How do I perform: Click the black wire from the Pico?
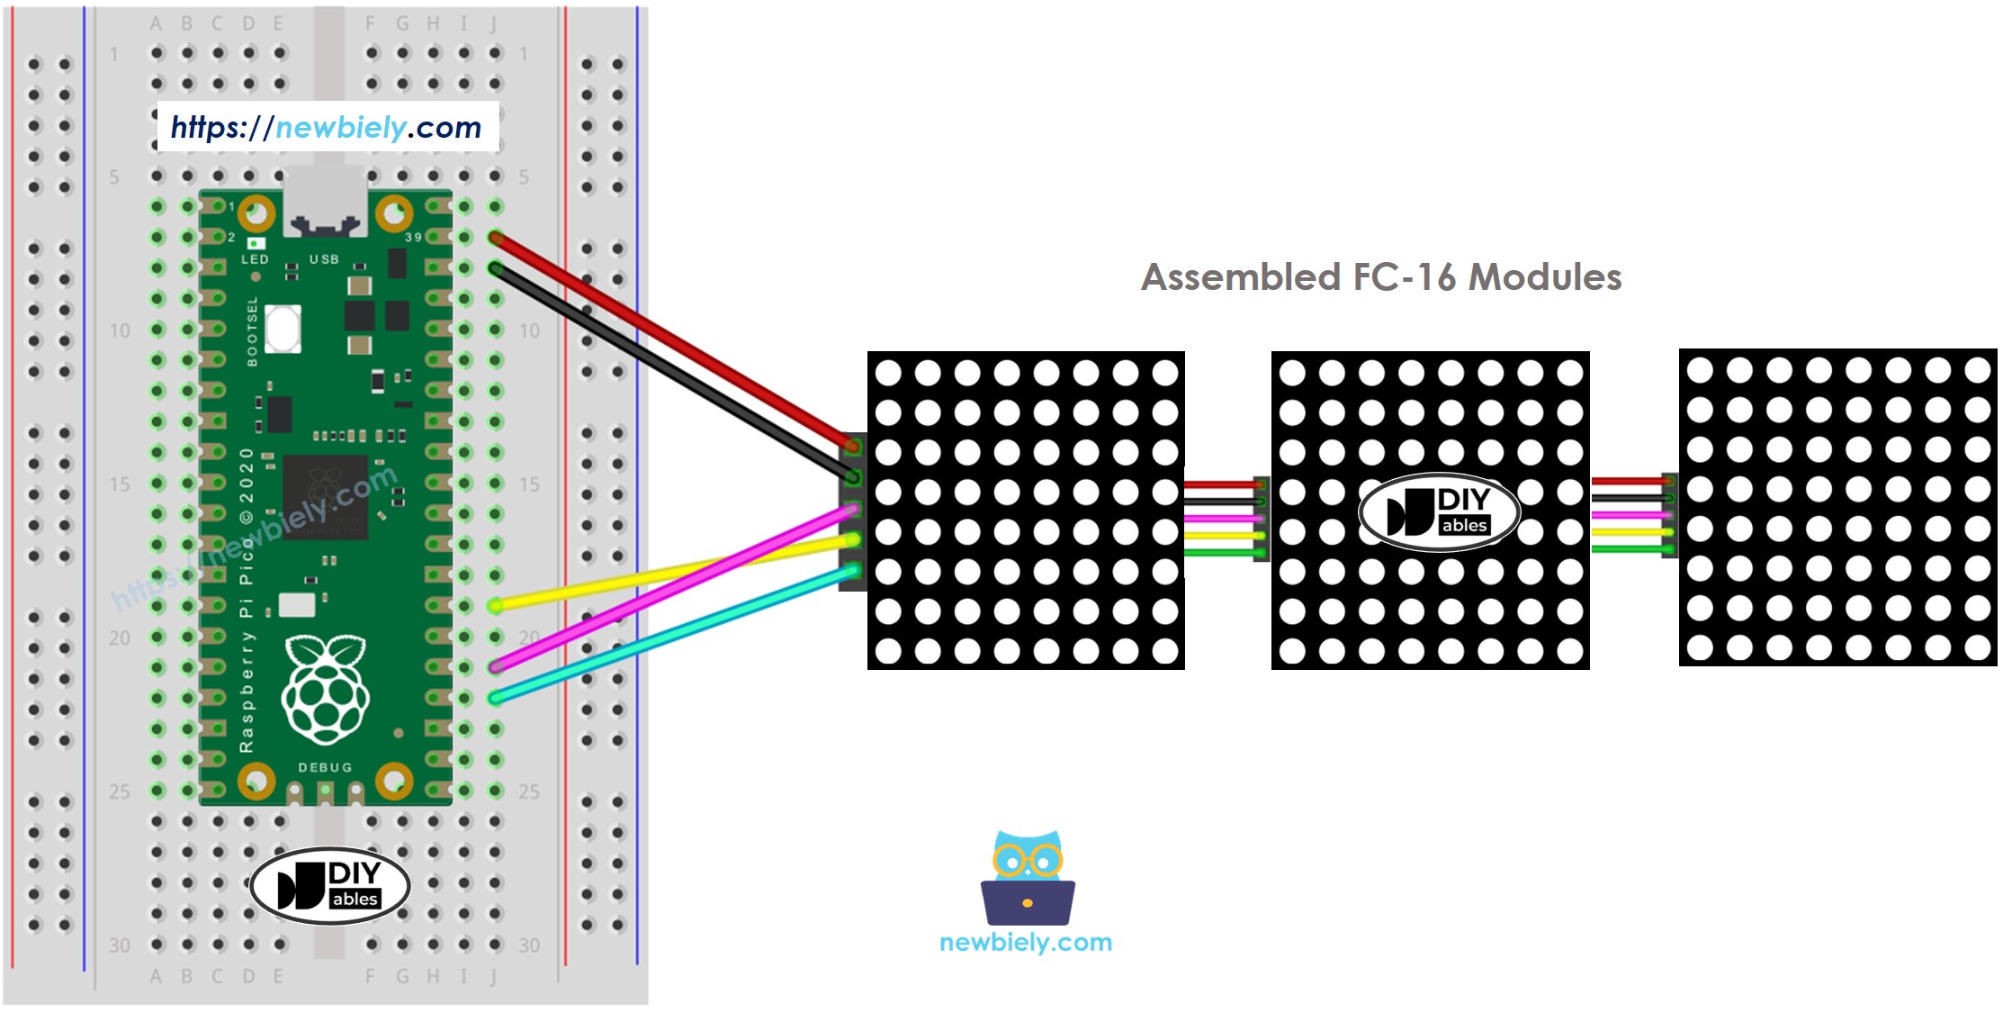click(675, 373)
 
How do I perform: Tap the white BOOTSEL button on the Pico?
click(283, 328)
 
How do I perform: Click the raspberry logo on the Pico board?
click(325, 689)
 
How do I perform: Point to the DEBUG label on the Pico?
click(325, 767)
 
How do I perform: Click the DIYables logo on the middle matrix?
click(1438, 512)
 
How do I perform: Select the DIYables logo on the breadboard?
click(330, 885)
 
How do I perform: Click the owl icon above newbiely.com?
click(1027, 878)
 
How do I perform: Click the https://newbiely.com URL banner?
click(327, 127)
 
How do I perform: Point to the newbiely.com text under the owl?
click(1026, 943)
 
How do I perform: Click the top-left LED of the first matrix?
click(888, 372)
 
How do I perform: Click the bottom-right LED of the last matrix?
click(1977, 647)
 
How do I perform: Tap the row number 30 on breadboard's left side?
click(119, 945)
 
